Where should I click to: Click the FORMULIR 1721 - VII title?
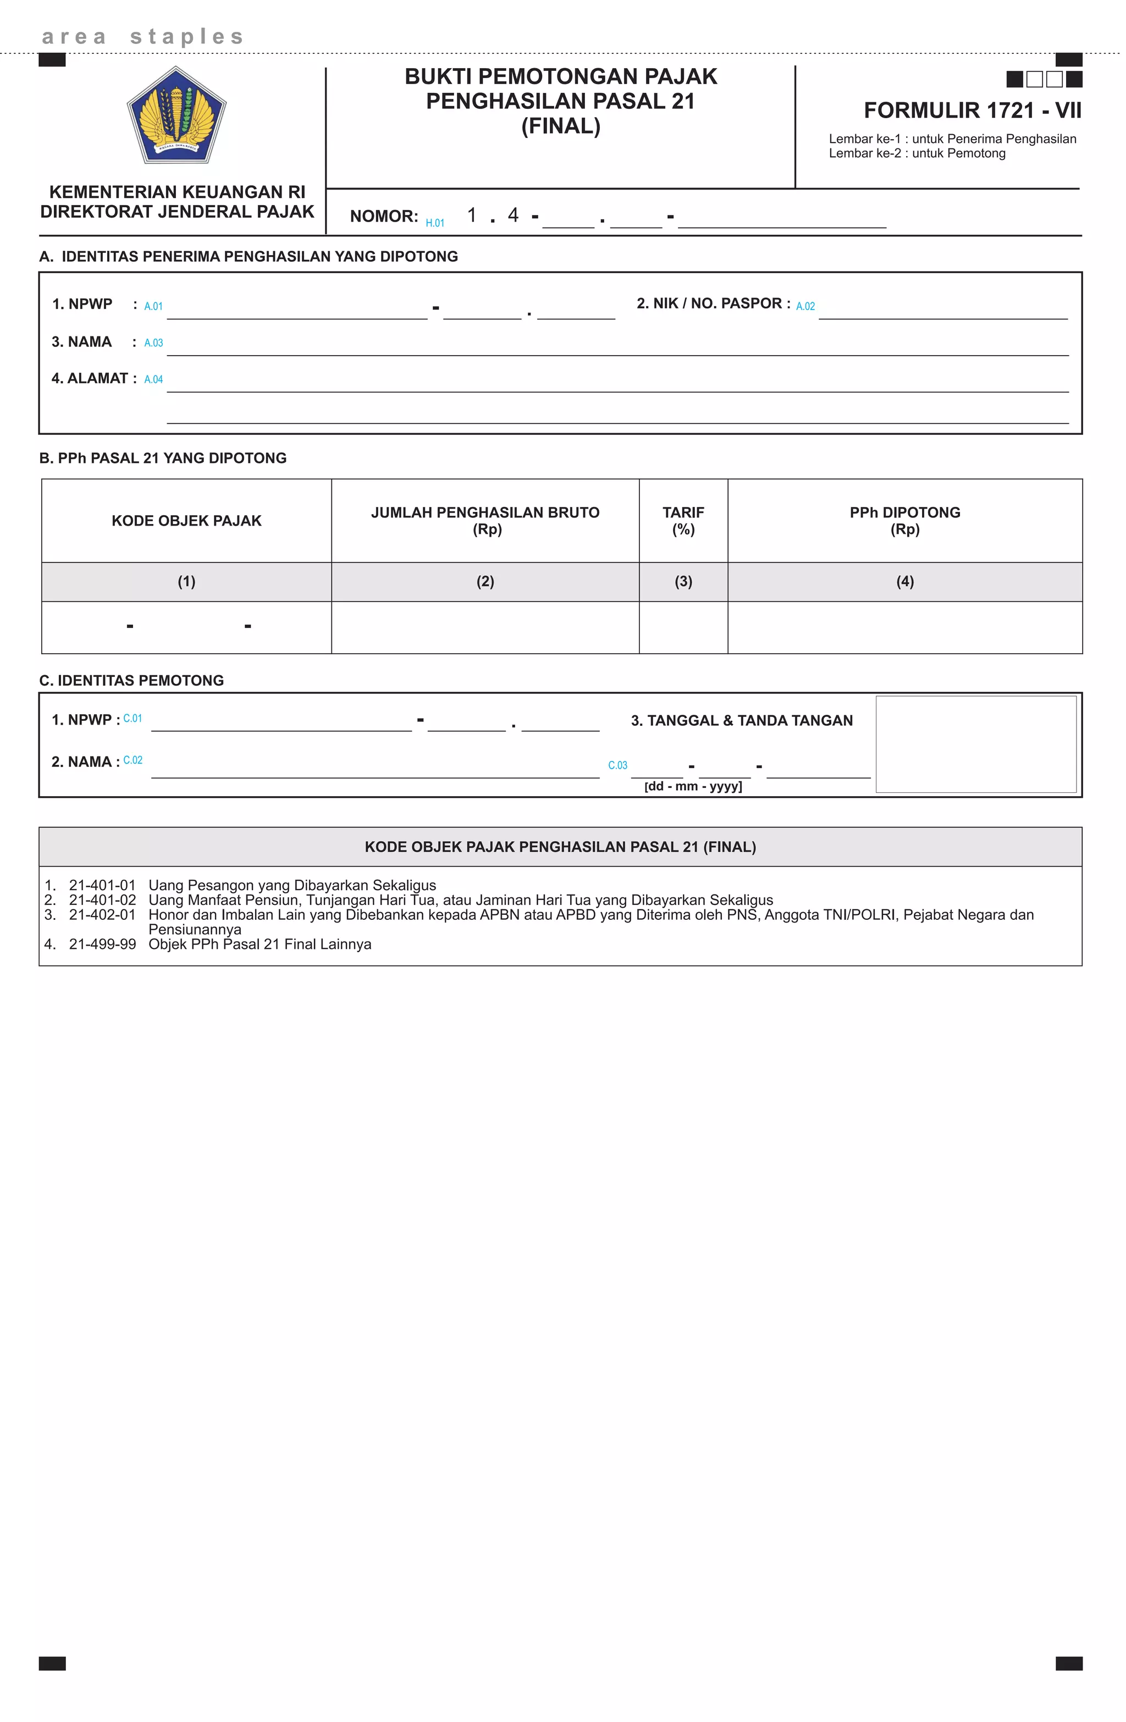click(972, 111)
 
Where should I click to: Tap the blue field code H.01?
click(435, 223)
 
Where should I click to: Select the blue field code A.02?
click(805, 307)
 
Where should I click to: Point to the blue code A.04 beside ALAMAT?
click(153, 380)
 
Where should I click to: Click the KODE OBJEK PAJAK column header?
click(187, 521)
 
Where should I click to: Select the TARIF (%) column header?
click(683, 521)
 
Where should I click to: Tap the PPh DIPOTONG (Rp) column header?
click(904, 521)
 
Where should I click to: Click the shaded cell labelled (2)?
click(485, 582)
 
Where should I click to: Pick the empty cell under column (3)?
click(683, 627)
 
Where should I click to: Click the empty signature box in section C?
click(975, 744)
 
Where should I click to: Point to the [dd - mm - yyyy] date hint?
click(693, 786)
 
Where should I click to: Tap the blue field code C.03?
click(617, 765)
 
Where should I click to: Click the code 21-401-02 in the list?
click(102, 900)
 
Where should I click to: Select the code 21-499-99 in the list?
click(102, 944)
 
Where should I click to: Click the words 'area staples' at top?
click(143, 36)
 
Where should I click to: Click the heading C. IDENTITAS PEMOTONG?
click(132, 681)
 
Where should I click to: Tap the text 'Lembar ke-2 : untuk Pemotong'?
click(917, 153)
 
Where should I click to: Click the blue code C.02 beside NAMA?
click(133, 760)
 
